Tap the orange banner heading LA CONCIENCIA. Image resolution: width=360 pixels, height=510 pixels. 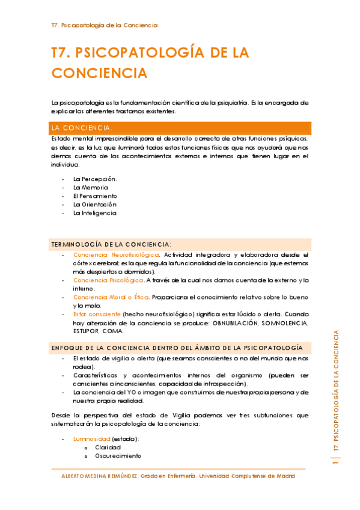[x=82, y=128]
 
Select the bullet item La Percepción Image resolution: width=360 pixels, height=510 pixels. [x=95, y=179]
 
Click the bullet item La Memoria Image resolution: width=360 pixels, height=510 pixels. [x=91, y=188]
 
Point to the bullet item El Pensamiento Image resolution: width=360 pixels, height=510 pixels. [x=95, y=196]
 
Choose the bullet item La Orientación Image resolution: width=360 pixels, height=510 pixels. [x=94, y=204]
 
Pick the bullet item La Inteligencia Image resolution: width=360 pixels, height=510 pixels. [x=95, y=213]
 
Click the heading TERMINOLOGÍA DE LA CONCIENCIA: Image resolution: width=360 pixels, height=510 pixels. [x=111, y=244]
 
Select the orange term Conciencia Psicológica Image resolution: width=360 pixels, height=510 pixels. [x=108, y=280]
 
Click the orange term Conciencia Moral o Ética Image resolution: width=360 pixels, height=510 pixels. [x=111, y=297]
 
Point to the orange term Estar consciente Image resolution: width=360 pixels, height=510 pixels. [x=96, y=314]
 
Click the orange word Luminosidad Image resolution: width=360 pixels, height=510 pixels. [x=92, y=439]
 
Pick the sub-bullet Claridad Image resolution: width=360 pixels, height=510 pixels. [x=108, y=447]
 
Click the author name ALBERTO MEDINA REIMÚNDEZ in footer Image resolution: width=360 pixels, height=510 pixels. [x=100, y=476]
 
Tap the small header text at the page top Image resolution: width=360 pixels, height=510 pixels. [x=105, y=25]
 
